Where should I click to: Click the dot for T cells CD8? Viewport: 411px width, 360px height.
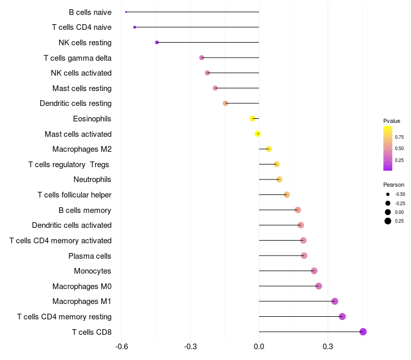pyautogui.click(x=363, y=332)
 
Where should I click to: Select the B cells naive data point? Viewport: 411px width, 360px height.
pyautogui.click(x=126, y=12)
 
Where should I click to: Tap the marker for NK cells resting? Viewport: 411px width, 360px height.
pyautogui.click(x=157, y=42)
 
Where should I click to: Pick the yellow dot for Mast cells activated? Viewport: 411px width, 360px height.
pyautogui.click(x=258, y=134)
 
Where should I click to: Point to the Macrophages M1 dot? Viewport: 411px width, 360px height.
pyautogui.click(x=335, y=301)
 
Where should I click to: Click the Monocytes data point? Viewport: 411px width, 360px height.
pyautogui.click(x=314, y=271)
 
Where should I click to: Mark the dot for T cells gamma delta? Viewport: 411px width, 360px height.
pyautogui.click(x=201, y=58)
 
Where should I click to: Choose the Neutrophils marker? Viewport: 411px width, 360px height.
pyautogui.click(x=279, y=179)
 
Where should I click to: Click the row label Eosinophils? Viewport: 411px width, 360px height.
pyautogui.click(x=92, y=119)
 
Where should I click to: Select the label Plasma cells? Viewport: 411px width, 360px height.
pyautogui.click(x=90, y=256)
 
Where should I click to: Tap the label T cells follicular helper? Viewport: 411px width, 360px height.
pyautogui.click(x=74, y=195)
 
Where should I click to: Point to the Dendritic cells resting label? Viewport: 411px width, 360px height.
pyautogui.click(x=76, y=103)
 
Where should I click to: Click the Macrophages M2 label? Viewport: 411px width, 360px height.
pyautogui.click(x=82, y=149)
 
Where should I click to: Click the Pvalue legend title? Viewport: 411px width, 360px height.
pyautogui.click(x=391, y=121)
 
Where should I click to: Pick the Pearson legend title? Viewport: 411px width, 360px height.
pyautogui.click(x=394, y=185)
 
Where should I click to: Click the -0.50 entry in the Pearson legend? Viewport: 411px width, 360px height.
pyautogui.click(x=400, y=194)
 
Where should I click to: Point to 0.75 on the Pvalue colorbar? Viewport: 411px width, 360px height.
pyautogui.click(x=399, y=137)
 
